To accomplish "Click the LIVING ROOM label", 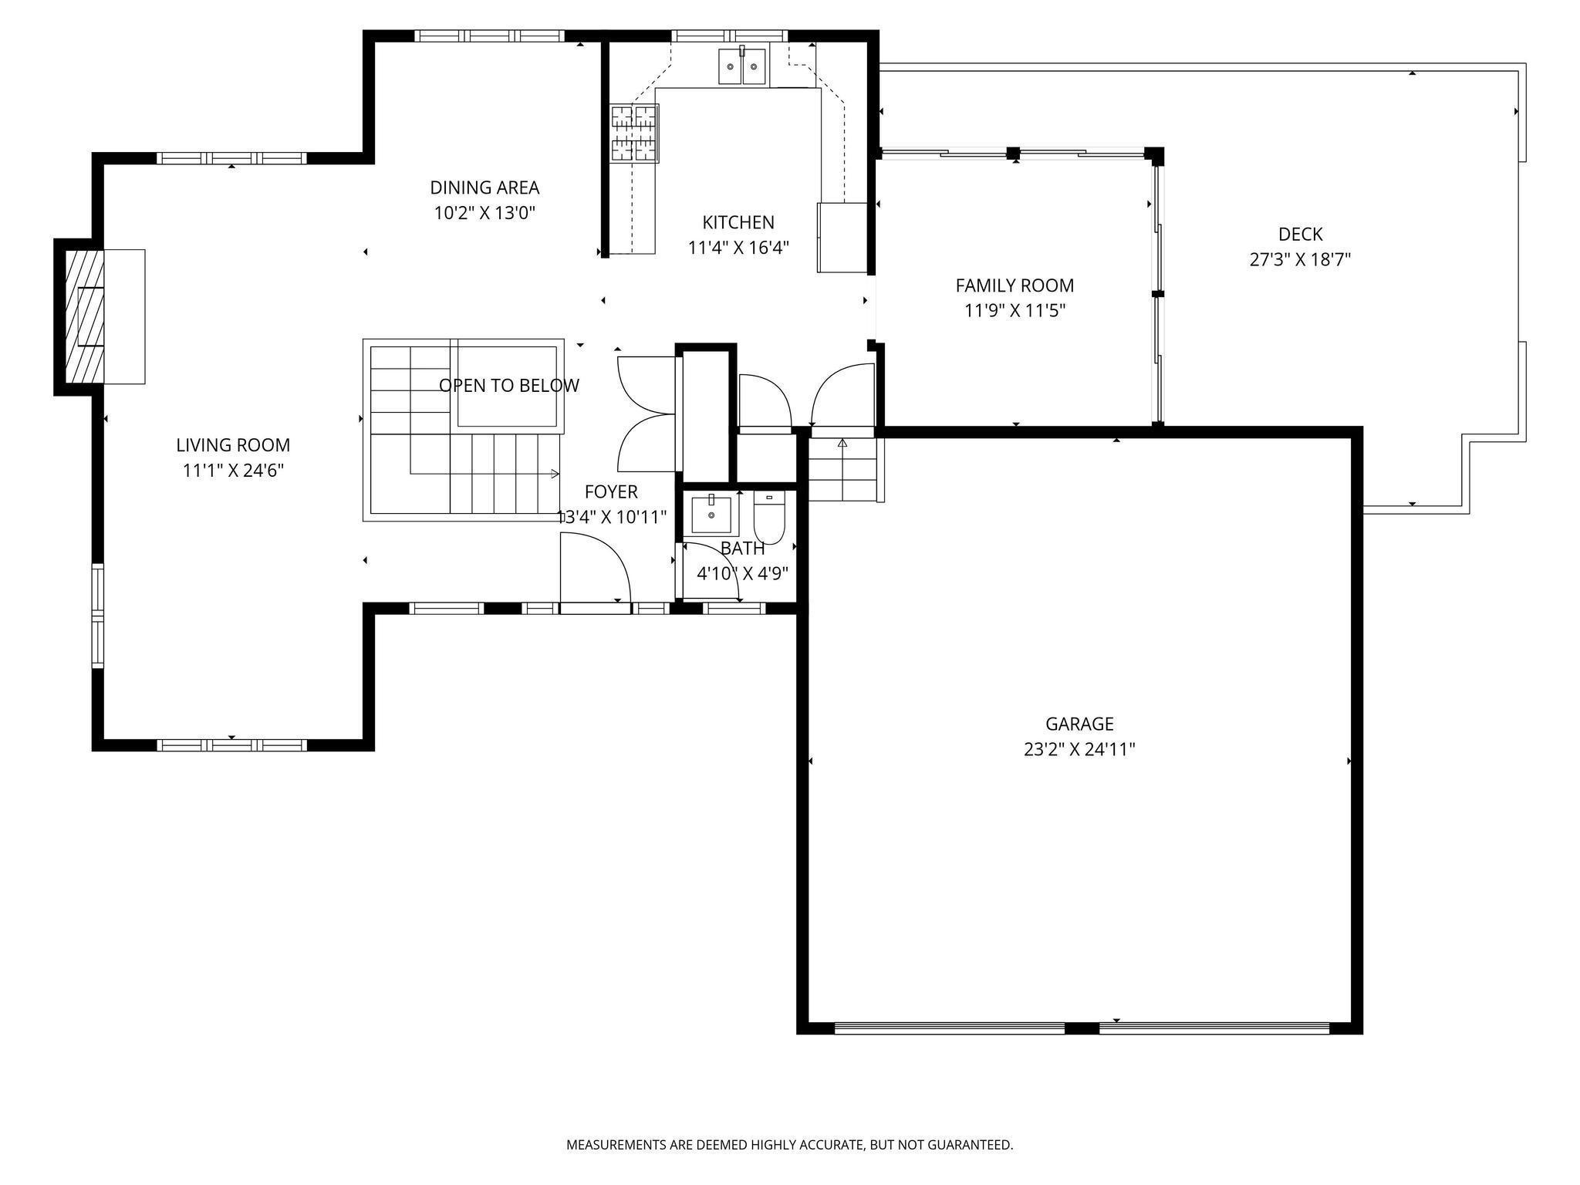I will tap(233, 445).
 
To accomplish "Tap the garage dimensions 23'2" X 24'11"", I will tap(1079, 749).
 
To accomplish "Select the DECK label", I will tap(1300, 234).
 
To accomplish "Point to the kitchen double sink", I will tap(742, 66).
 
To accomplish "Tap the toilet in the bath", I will tap(769, 518).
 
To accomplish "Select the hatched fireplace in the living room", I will tap(83, 316).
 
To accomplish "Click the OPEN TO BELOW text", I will tap(508, 386).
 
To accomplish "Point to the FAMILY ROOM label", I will tap(1015, 285).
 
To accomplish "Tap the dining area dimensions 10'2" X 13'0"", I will tap(484, 213).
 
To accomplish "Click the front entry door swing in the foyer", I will tap(596, 571).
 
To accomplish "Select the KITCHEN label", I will tap(738, 222).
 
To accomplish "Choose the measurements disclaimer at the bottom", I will tap(789, 1145).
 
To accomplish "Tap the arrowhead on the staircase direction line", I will tap(555, 473).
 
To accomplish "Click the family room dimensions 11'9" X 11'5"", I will tap(1015, 311).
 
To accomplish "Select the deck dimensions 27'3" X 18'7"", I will tap(1300, 259).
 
